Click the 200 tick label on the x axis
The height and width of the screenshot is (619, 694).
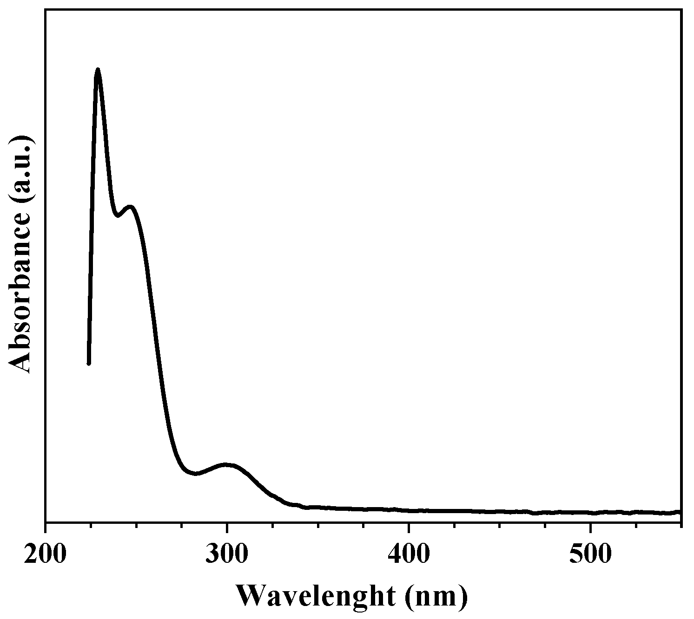(46, 555)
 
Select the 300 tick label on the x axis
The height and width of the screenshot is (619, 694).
(227, 555)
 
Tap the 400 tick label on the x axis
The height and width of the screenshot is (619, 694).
(409, 555)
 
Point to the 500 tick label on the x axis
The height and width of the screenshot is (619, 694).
(590, 555)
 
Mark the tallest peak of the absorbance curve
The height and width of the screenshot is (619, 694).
(98, 70)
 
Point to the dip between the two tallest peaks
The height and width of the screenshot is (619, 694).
(118, 215)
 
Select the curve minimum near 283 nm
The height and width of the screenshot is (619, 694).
(196, 474)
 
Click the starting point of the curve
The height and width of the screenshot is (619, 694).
(88, 364)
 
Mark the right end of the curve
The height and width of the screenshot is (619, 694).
(680, 512)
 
